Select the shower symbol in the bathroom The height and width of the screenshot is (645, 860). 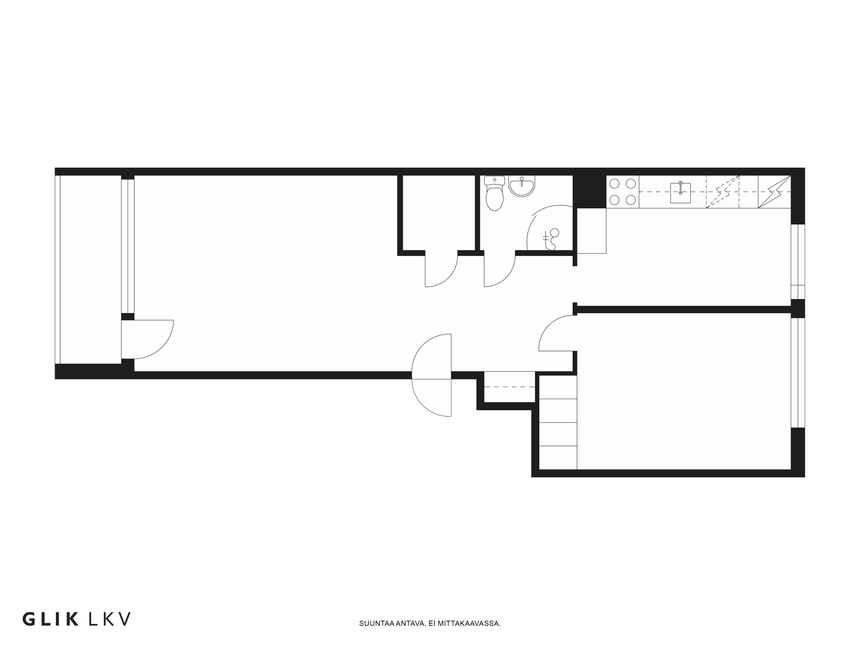551,239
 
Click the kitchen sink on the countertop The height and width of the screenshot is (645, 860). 680,192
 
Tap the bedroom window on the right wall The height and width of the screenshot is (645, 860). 798,372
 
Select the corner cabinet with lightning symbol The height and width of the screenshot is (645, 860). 774,192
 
